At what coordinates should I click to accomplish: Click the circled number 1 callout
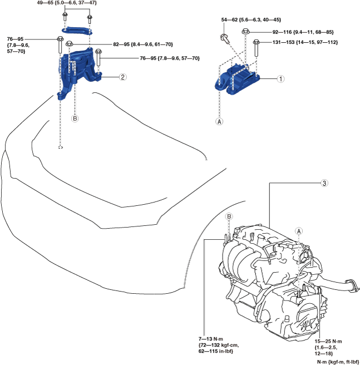(281, 79)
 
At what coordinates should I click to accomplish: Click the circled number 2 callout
(122, 77)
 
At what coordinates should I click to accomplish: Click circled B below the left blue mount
(75, 118)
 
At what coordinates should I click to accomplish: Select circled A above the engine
(299, 230)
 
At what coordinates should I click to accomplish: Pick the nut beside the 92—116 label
(245, 33)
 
